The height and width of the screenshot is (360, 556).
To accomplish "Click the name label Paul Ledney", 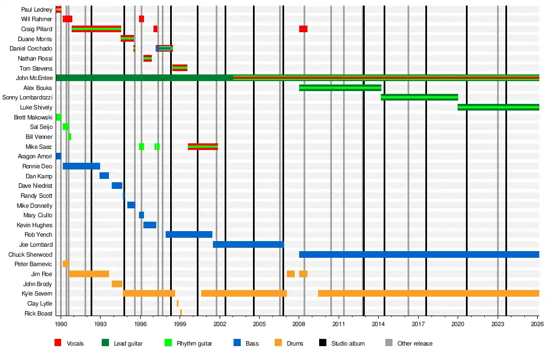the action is (37, 9).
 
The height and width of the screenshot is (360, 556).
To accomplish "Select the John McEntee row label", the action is (34, 78).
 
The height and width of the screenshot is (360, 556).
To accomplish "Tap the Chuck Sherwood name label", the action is (30, 254).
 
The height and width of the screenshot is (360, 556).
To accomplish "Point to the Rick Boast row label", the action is (38, 313).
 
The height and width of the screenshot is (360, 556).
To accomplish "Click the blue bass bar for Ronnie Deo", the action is (81, 166).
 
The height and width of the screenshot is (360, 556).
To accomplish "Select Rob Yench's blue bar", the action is (189, 234).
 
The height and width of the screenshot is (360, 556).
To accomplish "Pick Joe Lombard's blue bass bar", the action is (248, 244).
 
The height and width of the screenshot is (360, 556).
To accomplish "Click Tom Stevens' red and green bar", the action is (180, 68).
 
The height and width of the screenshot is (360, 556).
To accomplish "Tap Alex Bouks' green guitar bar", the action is (340, 88).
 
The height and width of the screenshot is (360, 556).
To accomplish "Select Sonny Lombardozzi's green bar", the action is (419, 97).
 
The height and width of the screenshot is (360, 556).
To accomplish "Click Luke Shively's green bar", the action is (498, 107).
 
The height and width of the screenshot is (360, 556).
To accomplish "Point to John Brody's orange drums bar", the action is (117, 284).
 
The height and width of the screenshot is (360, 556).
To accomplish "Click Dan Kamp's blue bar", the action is (105, 176).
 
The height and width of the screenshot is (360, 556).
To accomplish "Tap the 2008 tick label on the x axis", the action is (299, 324).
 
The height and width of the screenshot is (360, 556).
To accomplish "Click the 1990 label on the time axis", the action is (61, 324).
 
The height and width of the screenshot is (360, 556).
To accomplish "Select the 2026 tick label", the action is (538, 324).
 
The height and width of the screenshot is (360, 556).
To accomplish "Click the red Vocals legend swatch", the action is (58, 343).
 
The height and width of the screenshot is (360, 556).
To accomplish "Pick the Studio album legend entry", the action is (342, 343).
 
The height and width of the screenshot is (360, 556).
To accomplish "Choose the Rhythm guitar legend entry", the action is (188, 343).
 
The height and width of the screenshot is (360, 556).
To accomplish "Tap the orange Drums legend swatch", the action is (279, 343).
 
